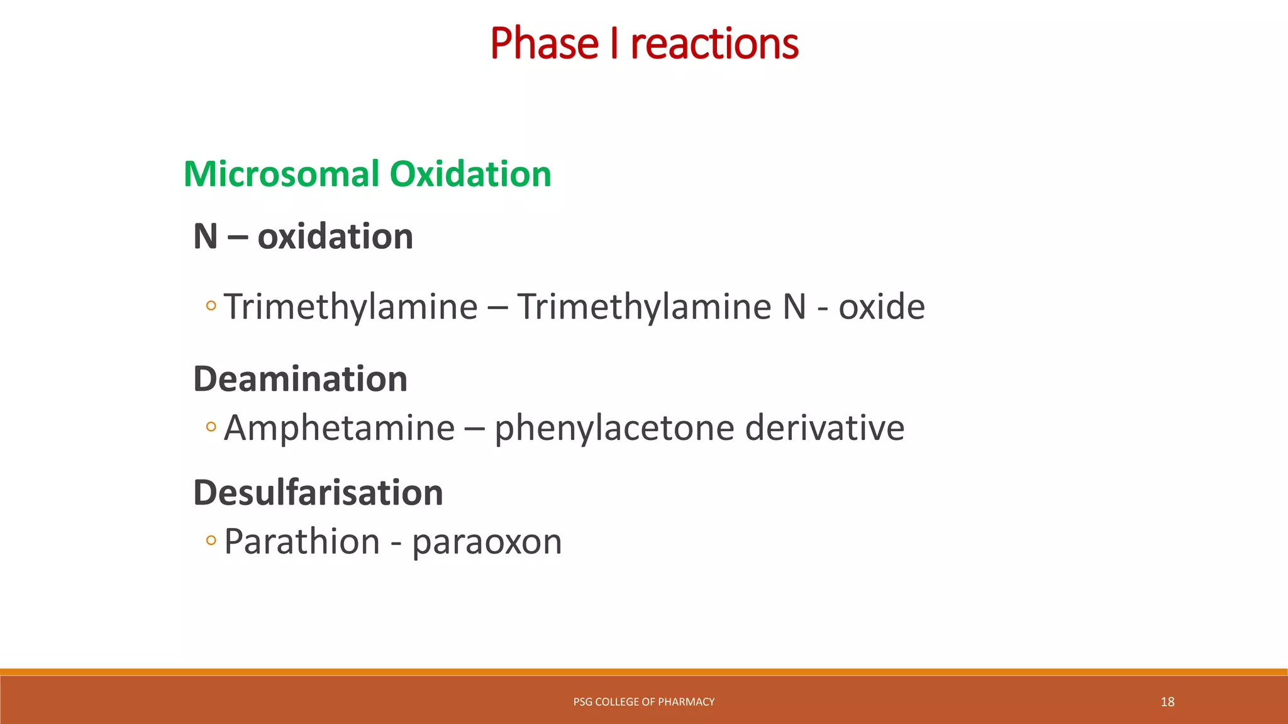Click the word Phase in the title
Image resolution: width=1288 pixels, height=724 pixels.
point(544,44)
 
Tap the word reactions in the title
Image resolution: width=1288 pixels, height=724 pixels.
point(714,44)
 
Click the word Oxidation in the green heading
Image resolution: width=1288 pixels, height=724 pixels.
point(470,174)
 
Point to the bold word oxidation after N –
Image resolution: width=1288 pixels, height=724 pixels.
point(335,237)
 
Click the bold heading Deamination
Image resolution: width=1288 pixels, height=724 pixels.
point(300,379)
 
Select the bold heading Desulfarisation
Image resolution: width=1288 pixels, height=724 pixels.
point(318,492)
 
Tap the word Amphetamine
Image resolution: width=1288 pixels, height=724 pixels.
point(339,428)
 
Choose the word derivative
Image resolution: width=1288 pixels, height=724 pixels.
point(824,428)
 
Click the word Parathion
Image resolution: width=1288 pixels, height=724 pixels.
point(302,541)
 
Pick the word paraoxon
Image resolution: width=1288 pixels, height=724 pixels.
point(487,542)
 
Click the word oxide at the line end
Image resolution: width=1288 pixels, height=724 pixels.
point(881,307)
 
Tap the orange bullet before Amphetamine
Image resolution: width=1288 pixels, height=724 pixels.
point(211,427)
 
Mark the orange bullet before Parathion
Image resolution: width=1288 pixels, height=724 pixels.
point(211,540)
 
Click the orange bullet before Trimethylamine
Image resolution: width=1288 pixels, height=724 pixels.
point(211,306)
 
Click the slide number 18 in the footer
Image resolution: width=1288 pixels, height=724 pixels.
point(1167,702)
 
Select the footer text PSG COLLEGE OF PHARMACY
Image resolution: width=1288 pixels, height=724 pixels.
point(643,702)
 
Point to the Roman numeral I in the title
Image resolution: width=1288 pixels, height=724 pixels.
point(614,44)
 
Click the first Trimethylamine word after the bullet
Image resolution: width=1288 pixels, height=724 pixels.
point(350,307)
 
